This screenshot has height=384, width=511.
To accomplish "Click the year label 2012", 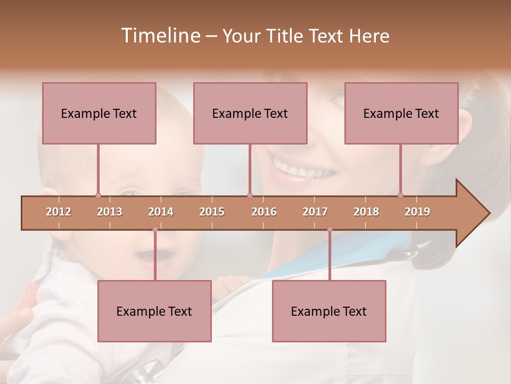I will (x=59, y=212).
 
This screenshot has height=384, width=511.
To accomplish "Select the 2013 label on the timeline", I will (x=110, y=212).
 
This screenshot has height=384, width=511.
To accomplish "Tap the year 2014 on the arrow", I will (x=161, y=212).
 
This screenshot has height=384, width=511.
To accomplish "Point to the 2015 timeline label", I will (x=212, y=212).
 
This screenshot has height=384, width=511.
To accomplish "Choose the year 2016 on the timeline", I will (x=264, y=212).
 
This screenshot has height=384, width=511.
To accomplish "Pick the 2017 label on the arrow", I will (x=315, y=212).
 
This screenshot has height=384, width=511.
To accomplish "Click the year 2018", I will (x=366, y=212).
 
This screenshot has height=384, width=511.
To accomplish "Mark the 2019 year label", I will (x=417, y=212).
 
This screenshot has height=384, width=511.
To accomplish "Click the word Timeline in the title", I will (x=159, y=36).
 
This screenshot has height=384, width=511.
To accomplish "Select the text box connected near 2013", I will (x=99, y=113).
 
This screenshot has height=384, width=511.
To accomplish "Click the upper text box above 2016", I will (x=250, y=113).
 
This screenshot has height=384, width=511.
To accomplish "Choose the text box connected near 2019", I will (x=401, y=113).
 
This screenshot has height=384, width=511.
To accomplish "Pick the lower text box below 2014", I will (x=154, y=311).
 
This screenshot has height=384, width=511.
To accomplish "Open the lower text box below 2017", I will (x=329, y=311).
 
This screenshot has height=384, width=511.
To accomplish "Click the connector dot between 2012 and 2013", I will (x=98, y=195).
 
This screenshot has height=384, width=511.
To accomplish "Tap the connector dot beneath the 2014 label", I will (x=155, y=229).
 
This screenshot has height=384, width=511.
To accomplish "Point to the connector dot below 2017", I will (x=329, y=229).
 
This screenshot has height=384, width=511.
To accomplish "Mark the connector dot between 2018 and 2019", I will (x=400, y=195).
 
